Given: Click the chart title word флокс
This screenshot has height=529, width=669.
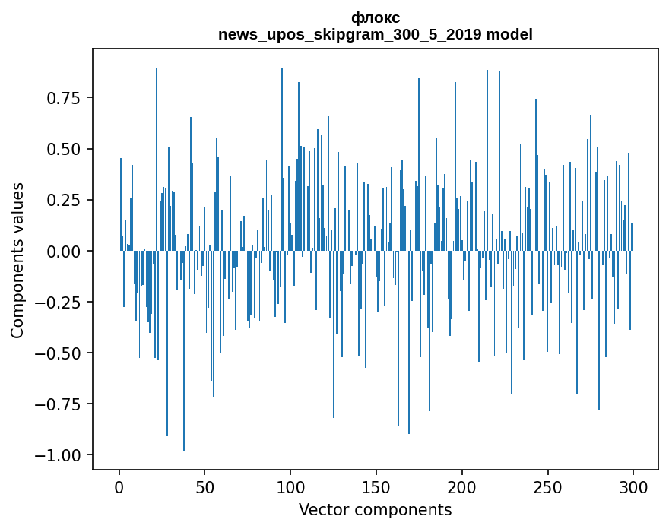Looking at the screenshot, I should tap(376, 17).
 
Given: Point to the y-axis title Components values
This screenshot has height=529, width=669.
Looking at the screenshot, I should tap(17, 260).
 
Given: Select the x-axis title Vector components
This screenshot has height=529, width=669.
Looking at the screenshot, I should tap(376, 509).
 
